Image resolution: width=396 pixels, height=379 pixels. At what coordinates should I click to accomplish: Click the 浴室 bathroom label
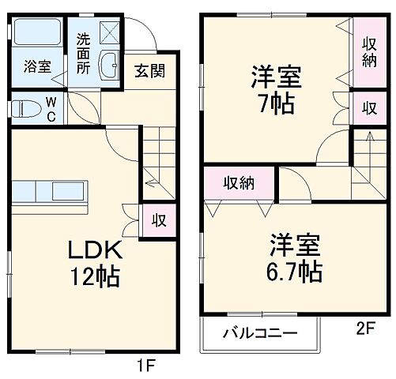[x=37, y=66]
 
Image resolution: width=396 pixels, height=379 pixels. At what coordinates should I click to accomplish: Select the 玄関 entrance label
[x=149, y=70]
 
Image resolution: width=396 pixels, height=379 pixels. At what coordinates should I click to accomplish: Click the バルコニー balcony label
[x=259, y=332]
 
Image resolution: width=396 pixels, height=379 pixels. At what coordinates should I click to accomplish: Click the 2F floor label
[x=364, y=329]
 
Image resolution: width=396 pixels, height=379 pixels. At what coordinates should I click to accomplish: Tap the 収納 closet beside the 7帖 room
[x=368, y=51]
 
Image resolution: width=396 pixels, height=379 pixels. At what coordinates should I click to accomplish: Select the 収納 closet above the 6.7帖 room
[x=238, y=183]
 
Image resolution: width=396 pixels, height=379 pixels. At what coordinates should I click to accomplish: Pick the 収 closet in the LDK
[x=158, y=220]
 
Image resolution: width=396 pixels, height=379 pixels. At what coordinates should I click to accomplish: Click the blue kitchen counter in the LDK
[x=49, y=192]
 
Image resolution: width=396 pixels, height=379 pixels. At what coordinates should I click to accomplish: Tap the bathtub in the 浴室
[x=38, y=33]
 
